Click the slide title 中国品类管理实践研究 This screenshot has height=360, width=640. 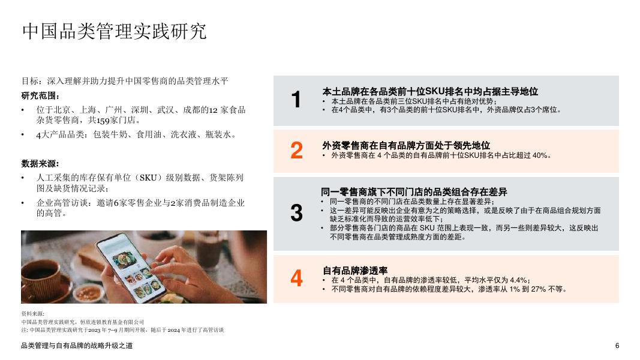tap(114, 31)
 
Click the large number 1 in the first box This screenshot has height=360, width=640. tap(296, 100)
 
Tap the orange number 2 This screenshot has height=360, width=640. tap(296, 151)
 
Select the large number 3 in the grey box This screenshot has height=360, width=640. tap(296, 213)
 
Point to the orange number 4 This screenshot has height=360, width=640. tap(296, 278)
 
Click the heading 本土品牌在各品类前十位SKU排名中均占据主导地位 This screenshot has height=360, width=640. tap(430, 92)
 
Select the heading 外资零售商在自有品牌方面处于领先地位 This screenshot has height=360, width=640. tap(406, 145)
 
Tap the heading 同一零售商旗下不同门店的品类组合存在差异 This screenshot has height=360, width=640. tap(414, 192)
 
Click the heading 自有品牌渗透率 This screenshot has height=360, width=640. tap(355, 271)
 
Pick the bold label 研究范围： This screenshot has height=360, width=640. tap(41, 96)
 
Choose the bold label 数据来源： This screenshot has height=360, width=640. tap(41, 163)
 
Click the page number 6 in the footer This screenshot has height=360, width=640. tap(617, 346)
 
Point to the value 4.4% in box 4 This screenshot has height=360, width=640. tap(518, 280)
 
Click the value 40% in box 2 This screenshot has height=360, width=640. tap(539, 155)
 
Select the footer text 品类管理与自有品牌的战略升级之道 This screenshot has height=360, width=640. tap(77, 346)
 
